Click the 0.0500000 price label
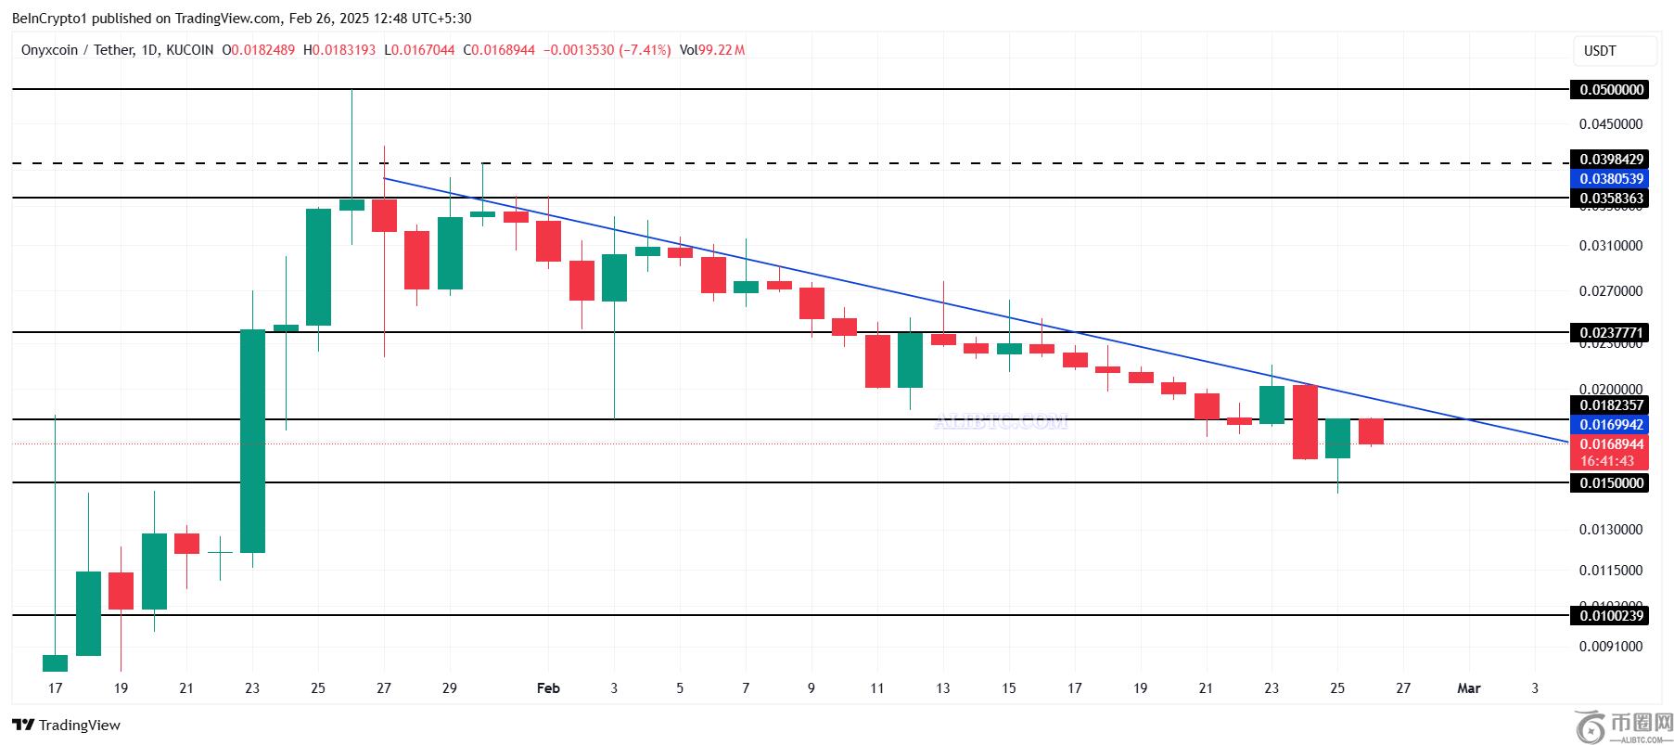pos(1608,90)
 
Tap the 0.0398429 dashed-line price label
pos(1608,160)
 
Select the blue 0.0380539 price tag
pos(1608,179)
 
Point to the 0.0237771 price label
pos(1608,332)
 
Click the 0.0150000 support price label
pos(1608,482)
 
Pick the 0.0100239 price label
pos(1608,615)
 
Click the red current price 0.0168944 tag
pos(1608,444)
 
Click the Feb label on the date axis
pos(548,688)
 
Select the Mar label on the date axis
pos(1468,688)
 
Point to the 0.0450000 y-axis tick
pos(1610,124)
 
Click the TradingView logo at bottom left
pos(67,725)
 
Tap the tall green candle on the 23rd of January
pos(252,441)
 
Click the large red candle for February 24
pos(1305,422)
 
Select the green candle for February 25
pos(1337,439)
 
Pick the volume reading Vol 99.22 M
pos(711,50)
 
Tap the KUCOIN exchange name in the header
pos(189,50)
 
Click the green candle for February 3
pos(614,277)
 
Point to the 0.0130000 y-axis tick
pos(1610,530)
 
